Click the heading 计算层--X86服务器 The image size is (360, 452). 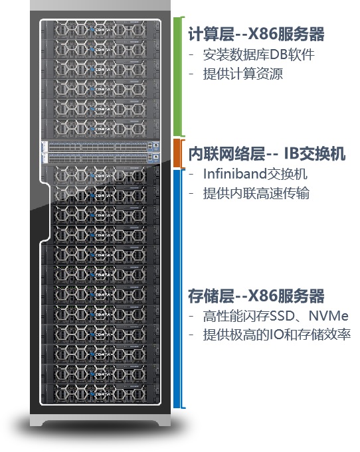[256, 34]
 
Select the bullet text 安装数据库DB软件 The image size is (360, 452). [258, 55]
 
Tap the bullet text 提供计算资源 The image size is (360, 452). [243, 74]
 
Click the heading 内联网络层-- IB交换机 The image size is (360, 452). [267, 153]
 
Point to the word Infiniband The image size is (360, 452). [235, 174]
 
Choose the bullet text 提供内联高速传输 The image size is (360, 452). [256, 193]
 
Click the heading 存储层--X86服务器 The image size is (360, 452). [256, 296]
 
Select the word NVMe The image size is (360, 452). [329, 316]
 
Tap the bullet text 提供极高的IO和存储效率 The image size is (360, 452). [276, 335]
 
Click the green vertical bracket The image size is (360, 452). [179, 76]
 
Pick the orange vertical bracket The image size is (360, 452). [179, 153]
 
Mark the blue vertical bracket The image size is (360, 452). [178, 289]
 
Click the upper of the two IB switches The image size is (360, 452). [100, 147]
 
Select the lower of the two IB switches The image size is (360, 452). [100, 158]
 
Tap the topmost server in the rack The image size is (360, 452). [100, 29]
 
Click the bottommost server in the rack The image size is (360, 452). [100, 394]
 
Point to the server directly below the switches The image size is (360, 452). [100, 175]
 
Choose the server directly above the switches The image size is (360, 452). [100, 129]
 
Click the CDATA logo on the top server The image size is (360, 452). [100, 30]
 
